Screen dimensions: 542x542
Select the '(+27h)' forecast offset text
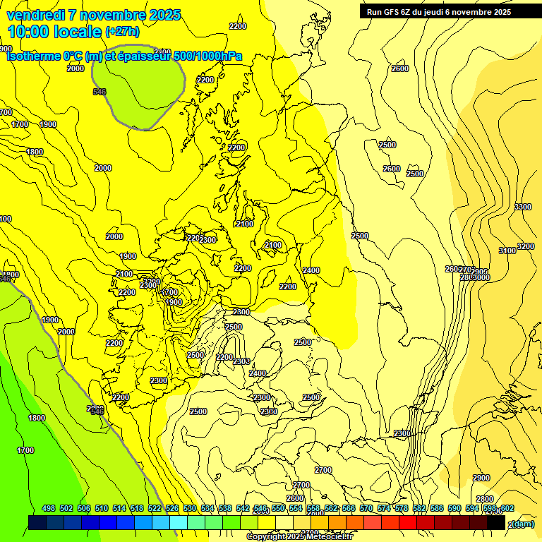[x=122, y=32]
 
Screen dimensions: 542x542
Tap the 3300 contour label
[x=523, y=207]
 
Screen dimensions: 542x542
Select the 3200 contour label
[x=526, y=246]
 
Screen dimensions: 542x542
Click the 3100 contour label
[x=507, y=251]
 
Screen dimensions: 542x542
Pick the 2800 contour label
[x=485, y=499]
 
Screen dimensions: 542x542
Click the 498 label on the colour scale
[x=49, y=508]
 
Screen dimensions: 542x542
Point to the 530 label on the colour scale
[x=190, y=508]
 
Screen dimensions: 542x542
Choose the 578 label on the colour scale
[x=402, y=508]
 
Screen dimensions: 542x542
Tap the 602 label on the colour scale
[x=507, y=508]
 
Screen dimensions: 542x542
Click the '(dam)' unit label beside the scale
[x=522, y=523]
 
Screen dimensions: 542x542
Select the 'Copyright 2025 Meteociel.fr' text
[x=299, y=537]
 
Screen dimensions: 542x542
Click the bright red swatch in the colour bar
[x=409, y=523]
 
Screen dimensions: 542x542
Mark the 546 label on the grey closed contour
[x=100, y=92]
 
